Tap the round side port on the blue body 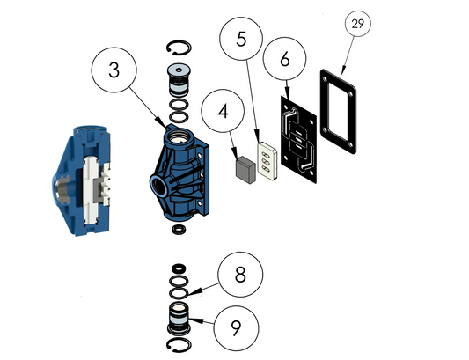[x=158, y=186]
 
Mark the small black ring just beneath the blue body [x=178, y=231]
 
